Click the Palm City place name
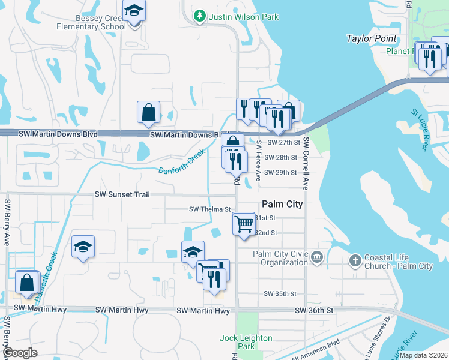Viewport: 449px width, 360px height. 282,204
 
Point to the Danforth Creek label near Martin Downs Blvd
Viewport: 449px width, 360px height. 182,162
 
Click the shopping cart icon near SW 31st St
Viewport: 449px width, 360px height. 244,224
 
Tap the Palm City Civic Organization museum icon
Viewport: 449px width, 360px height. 317,258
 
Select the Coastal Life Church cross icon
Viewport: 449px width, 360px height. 355,260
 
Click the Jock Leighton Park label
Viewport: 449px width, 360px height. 246,342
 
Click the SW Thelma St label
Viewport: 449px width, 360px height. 210,209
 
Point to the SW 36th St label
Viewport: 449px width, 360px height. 314,310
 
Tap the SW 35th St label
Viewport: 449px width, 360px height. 280,294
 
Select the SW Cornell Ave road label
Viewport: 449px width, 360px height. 306,163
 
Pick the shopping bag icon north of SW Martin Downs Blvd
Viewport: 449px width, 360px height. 148,112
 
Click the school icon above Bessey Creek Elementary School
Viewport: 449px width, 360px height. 134,11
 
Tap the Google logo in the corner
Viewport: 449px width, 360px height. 20,353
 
